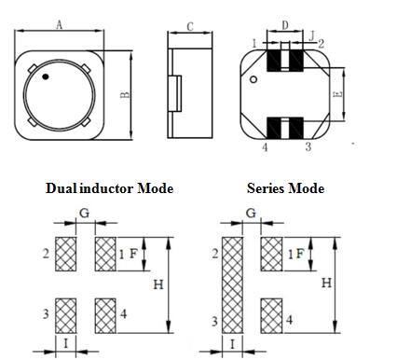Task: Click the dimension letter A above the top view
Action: [x=60, y=24]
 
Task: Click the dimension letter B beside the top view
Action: [x=125, y=95]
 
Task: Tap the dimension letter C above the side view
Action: [x=190, y=27]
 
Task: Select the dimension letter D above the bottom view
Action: [x=285, y=25]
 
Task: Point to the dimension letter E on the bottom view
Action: [x=338, y=94]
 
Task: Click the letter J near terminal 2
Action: [x=312, y=36]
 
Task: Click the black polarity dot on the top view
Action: [x=46, y=76]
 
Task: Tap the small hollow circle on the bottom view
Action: [x=253, y=79]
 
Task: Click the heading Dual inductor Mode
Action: [x=109, y=188]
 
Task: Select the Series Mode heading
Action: [x=285, y=188]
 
